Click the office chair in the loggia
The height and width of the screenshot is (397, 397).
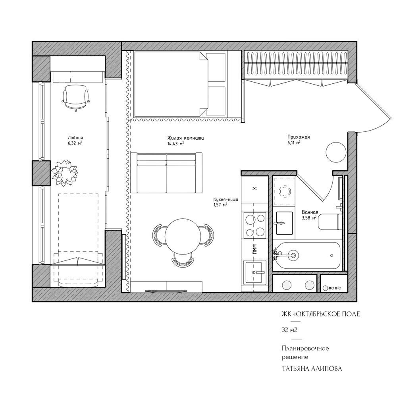[76, 98]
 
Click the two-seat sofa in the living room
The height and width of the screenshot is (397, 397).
[166, 173]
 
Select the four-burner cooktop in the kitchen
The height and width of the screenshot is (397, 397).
[255, 225]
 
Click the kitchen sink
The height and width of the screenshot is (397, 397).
[255, 272]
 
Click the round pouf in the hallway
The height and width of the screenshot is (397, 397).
[335, 153]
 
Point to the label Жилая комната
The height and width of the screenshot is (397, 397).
[185, 138]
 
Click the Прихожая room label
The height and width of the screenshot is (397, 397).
[299, 137]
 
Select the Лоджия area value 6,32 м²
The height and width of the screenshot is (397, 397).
[75, 143]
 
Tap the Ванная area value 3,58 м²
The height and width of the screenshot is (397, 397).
[309, 218]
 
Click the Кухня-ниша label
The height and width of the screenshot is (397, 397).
[226, 200]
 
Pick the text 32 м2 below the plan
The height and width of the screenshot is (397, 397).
[289, 330]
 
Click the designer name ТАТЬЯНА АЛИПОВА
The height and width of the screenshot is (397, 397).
[312, 369]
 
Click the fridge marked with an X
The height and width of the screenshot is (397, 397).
[255, 188]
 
